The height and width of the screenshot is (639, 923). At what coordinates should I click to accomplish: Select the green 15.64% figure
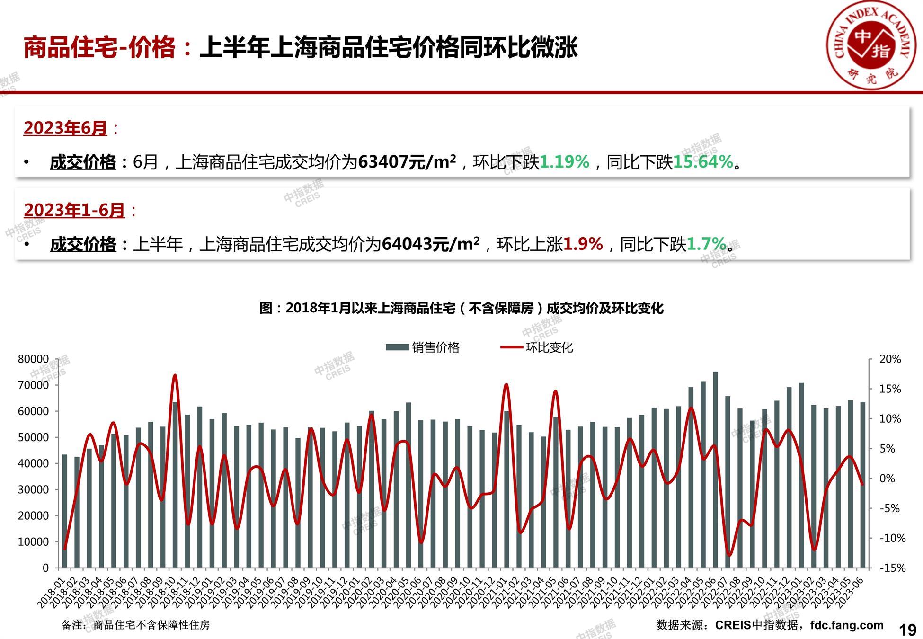coord(703,162)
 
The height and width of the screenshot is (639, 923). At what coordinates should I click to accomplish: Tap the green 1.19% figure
coord(564,162)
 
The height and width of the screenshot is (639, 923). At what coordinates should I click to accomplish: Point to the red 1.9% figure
coord(583,244)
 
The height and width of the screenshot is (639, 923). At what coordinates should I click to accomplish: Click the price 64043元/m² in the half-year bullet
coord(430,244)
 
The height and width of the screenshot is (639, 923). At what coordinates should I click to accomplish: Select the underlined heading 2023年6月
coord(65,128)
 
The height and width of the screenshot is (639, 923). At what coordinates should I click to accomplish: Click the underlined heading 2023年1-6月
coord(74,210)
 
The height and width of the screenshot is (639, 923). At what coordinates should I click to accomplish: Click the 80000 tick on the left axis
coord(33,359)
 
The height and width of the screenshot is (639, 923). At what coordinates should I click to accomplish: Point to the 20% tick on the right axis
coord(890,359)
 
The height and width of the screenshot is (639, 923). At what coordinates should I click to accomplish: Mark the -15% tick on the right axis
coord(892,568)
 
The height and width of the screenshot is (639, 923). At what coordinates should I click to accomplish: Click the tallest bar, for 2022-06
coord(715,469)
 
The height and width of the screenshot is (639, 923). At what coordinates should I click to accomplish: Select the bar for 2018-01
coord(65,511)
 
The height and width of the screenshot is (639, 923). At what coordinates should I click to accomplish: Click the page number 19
coord(907,630)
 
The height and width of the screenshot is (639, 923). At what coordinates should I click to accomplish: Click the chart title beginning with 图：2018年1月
coord(461,308)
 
